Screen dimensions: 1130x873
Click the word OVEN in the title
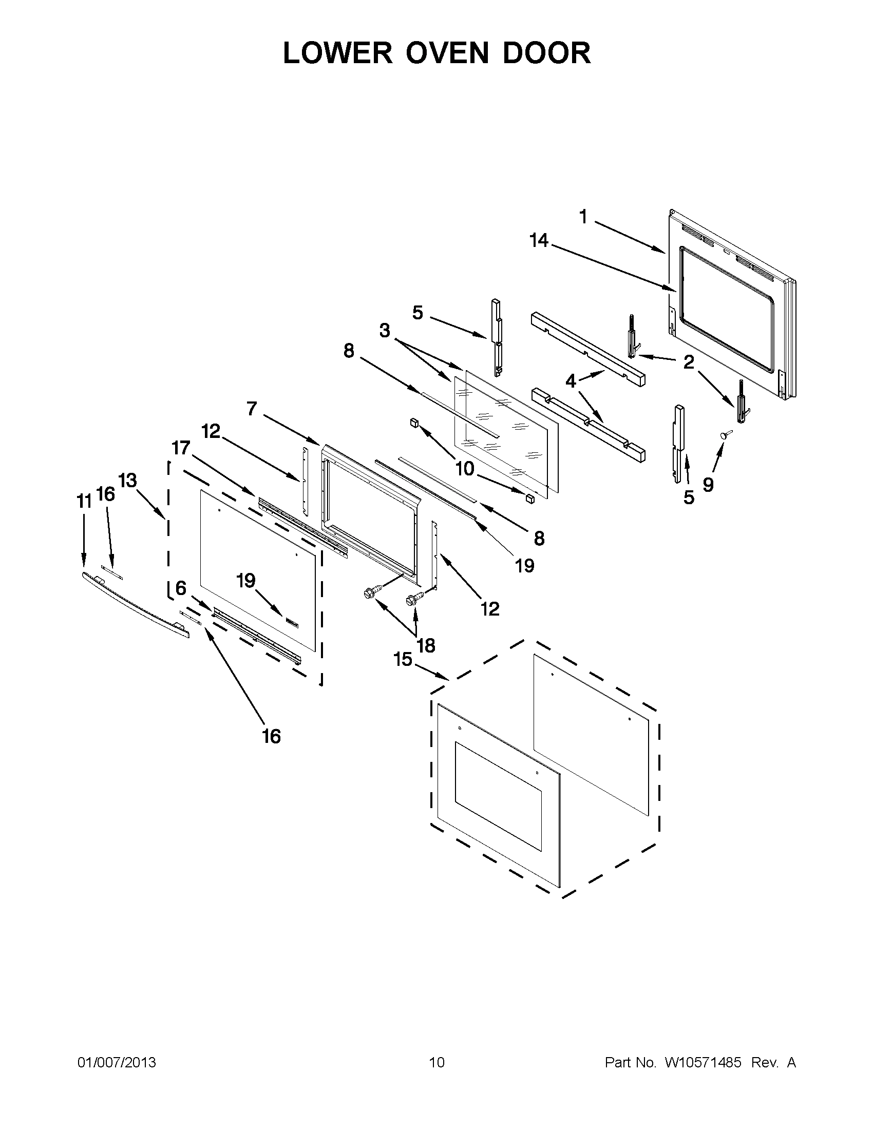click(447, 53)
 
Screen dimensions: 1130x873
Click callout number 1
click(583, 217)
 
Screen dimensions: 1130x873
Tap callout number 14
click(539, 241)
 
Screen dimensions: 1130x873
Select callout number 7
click(252, 409)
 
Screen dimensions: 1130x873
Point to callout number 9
click(708, 484)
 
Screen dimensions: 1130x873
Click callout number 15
click(403, 660)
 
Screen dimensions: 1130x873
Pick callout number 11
click(84, 501)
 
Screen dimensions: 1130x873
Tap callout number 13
click(127, 481)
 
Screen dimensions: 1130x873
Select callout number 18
click(426, 645)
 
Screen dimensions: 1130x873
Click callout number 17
click(181, 448)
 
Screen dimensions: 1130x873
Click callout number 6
click(181, 588)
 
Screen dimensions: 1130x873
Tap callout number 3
click(385, 331)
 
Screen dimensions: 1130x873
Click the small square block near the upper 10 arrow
click(414, 423)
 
